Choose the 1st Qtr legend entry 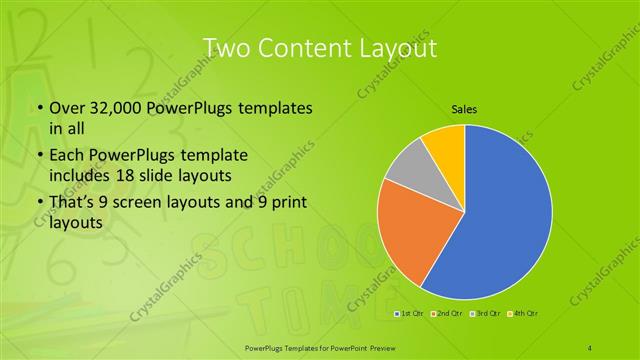click(409, 315)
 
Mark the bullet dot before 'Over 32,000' click(39, 109)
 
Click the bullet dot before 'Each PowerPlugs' click(39, 156)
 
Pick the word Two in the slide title click(223, 48)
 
